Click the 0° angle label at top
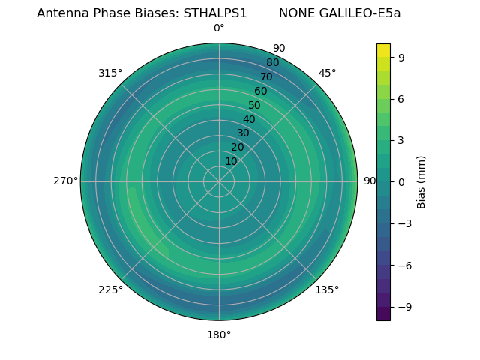click(219, 28)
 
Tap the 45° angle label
click(327, 73)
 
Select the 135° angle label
click(327, 289)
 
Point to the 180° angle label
click(219, 334)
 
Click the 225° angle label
click(110, 289)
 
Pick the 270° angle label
click(66, 181)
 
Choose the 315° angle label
click(110, 73)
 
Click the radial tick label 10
click(231, 162)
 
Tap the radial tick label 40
click(249, 120)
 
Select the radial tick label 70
click(266, 77)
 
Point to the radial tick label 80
click(272, 63)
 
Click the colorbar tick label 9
click(401, 57)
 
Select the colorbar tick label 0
click(401, 182)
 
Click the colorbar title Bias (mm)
click(421, 182)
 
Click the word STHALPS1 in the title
click(215, 13)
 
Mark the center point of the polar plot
click(219, 181)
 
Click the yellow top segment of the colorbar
click(383, 50)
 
